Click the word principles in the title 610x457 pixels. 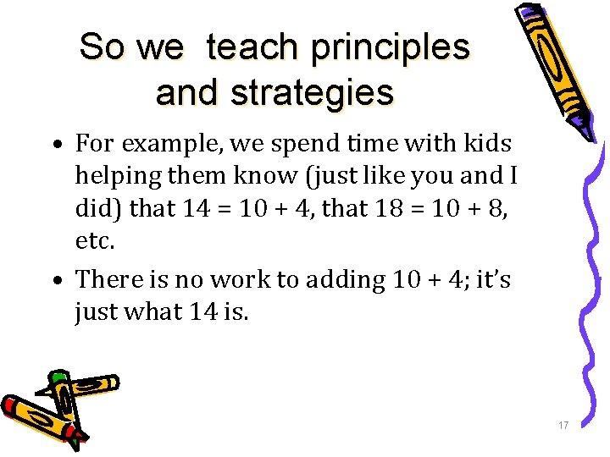click(x=390, y=47)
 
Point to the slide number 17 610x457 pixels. click(x=563, y=425)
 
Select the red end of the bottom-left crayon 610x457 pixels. click(x=11, y=405)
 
